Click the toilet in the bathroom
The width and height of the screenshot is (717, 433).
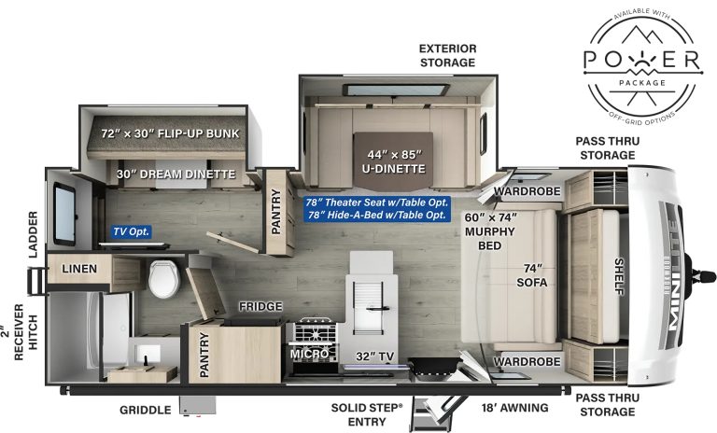click(x=162, y=277)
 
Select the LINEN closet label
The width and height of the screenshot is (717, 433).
click(x=81, y=269)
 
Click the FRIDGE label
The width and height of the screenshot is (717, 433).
click(x=254, y=306)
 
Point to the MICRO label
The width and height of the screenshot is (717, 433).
click(x=309, y=354)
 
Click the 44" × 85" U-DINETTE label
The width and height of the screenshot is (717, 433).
click(x=395, y=161)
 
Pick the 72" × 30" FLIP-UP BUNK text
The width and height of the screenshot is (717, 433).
click(x=171, y=134)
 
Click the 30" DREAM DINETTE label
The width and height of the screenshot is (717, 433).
click(x=175, y=174)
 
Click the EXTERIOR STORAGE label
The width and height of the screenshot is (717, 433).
click(x=447, y=55)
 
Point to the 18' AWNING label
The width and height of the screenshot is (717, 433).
click(x=513, y=407)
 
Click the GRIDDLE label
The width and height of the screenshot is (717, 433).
click(x=145, y=409)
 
